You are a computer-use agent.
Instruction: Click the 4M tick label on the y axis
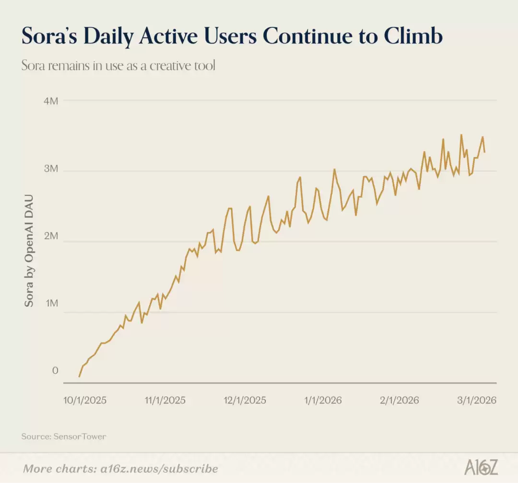click(51, 101)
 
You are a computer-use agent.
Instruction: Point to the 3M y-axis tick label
click(51, 170)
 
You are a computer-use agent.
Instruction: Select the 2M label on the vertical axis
click(51, 237)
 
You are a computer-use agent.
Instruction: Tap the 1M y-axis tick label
click(51, 304)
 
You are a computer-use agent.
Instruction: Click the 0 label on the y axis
click(55, 371)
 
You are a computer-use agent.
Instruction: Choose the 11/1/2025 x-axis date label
click(165, 400)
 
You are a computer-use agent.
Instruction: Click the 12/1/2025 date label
click(245, 400)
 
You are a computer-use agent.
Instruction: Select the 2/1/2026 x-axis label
click(399, 400)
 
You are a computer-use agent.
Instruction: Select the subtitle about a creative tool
click(118, 66)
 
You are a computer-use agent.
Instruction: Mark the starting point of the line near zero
click(79, 377)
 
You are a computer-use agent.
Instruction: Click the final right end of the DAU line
click(485, 152)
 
